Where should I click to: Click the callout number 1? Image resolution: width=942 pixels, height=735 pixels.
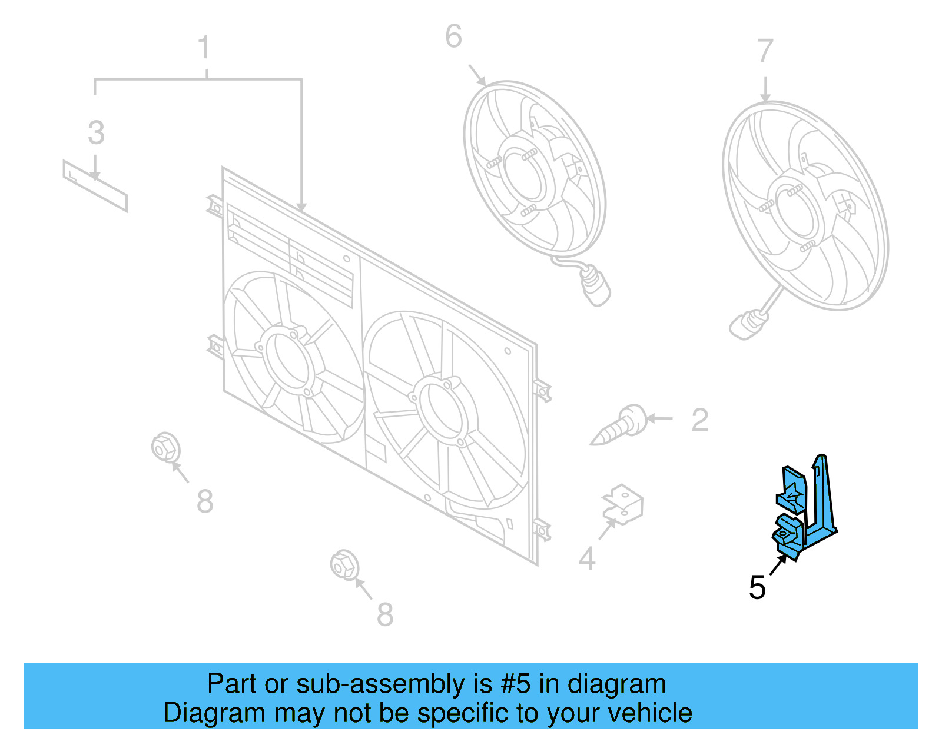[x=204, y=48]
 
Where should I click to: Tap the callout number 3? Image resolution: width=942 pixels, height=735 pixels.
[x=96, y=133]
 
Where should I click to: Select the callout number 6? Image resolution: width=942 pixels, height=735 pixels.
[x=453, y=36]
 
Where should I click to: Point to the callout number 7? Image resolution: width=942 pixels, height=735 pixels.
[x=764, y=51]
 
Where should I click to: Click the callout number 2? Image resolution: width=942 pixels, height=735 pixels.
[x=699, y=420]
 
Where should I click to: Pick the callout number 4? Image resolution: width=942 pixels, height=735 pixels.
[x=587, y=558]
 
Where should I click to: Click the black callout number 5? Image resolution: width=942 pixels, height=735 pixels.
[x=757, y=588]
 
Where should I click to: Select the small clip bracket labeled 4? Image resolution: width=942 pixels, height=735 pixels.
[x=623, y=505]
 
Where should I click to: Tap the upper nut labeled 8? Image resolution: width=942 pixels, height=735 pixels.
[x=165, y=448]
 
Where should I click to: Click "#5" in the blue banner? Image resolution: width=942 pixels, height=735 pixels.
[x=515, y=684]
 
